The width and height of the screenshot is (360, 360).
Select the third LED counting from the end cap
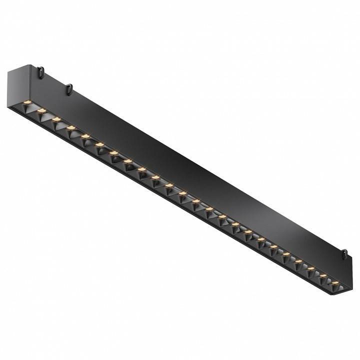(x=56, y=119)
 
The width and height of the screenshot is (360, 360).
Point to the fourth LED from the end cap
(x=70, y=127)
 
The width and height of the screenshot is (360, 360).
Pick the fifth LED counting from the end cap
(x=85, y=135)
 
